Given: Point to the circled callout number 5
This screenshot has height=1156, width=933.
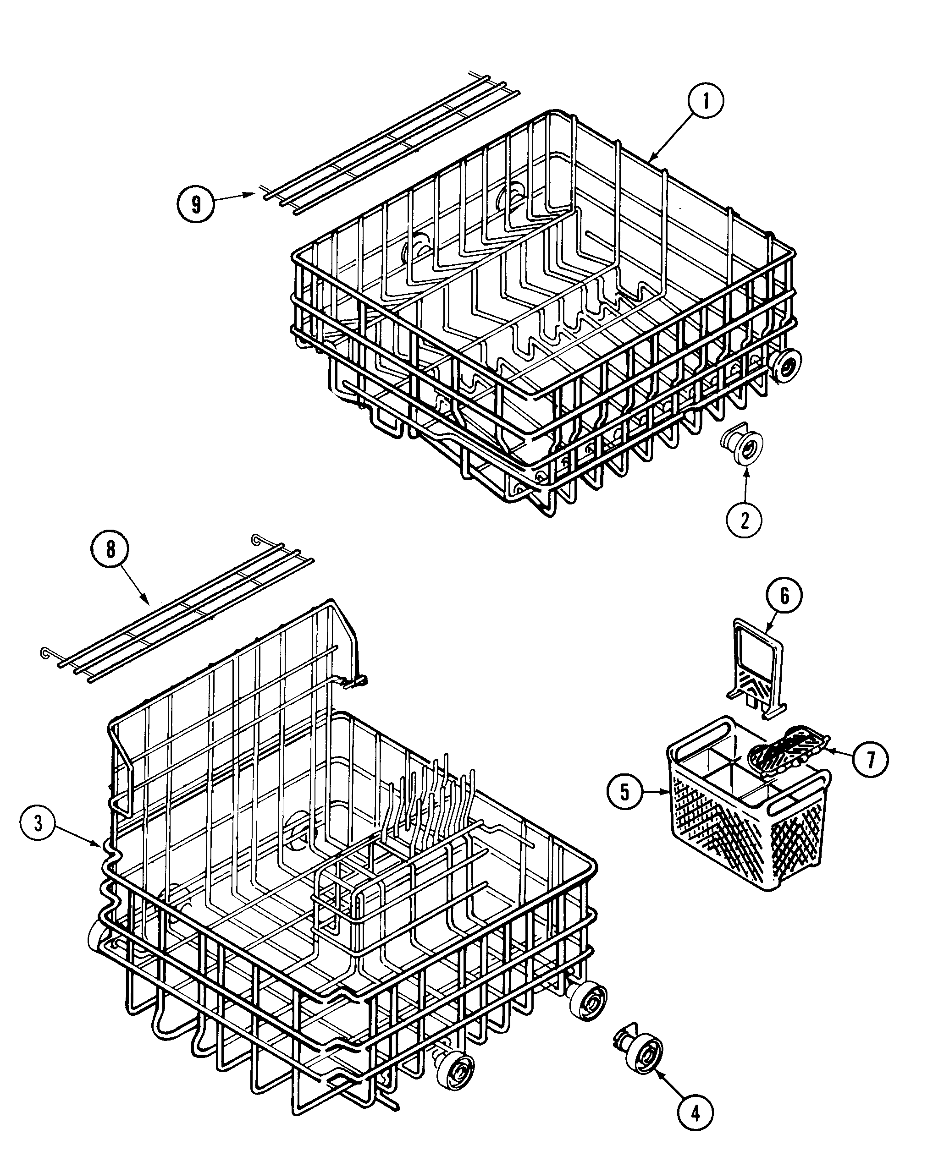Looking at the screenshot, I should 624,791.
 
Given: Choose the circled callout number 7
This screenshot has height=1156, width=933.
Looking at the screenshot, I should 870,759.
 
